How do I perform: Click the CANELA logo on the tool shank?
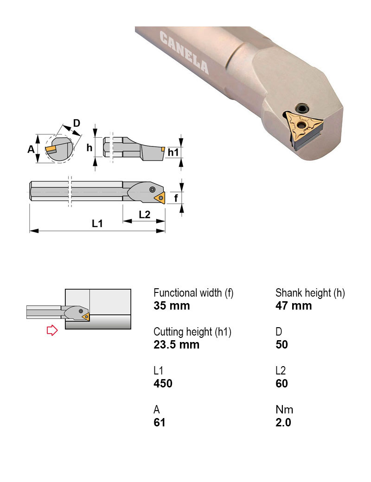(x=184, y=52)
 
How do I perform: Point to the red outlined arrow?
(x=52, y=330)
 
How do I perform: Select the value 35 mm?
(x=172, y=306)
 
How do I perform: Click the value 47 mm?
(x=294, y=306)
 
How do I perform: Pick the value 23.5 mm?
(x=176, y=345)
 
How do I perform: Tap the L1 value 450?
(x=163, y=384)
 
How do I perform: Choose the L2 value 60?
(x=281, y=384)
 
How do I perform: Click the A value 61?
(x=160, y=423)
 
